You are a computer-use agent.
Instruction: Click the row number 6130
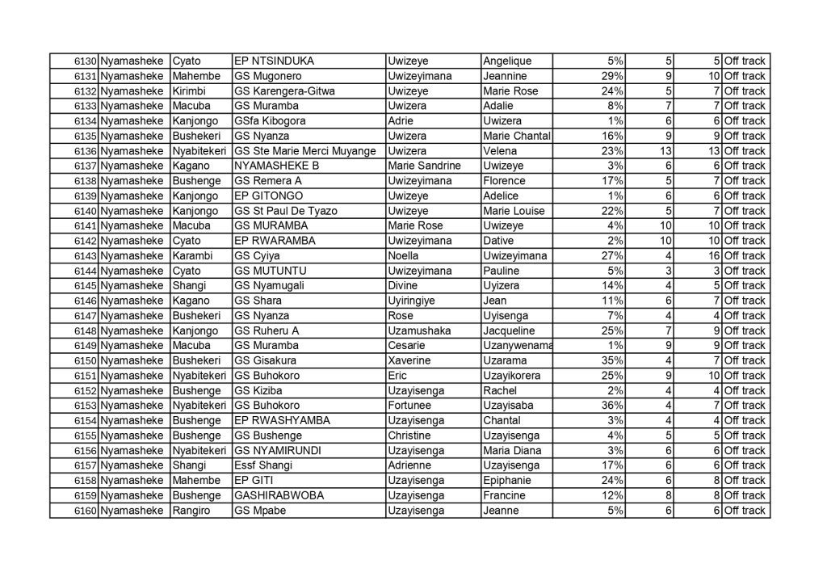coord(86,61)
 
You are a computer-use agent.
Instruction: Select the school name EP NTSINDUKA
coord(274,61)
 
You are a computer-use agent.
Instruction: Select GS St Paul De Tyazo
coord(284,211)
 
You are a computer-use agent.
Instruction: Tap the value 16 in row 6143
coord(714,256)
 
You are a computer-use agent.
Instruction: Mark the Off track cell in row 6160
coord(745,511)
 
